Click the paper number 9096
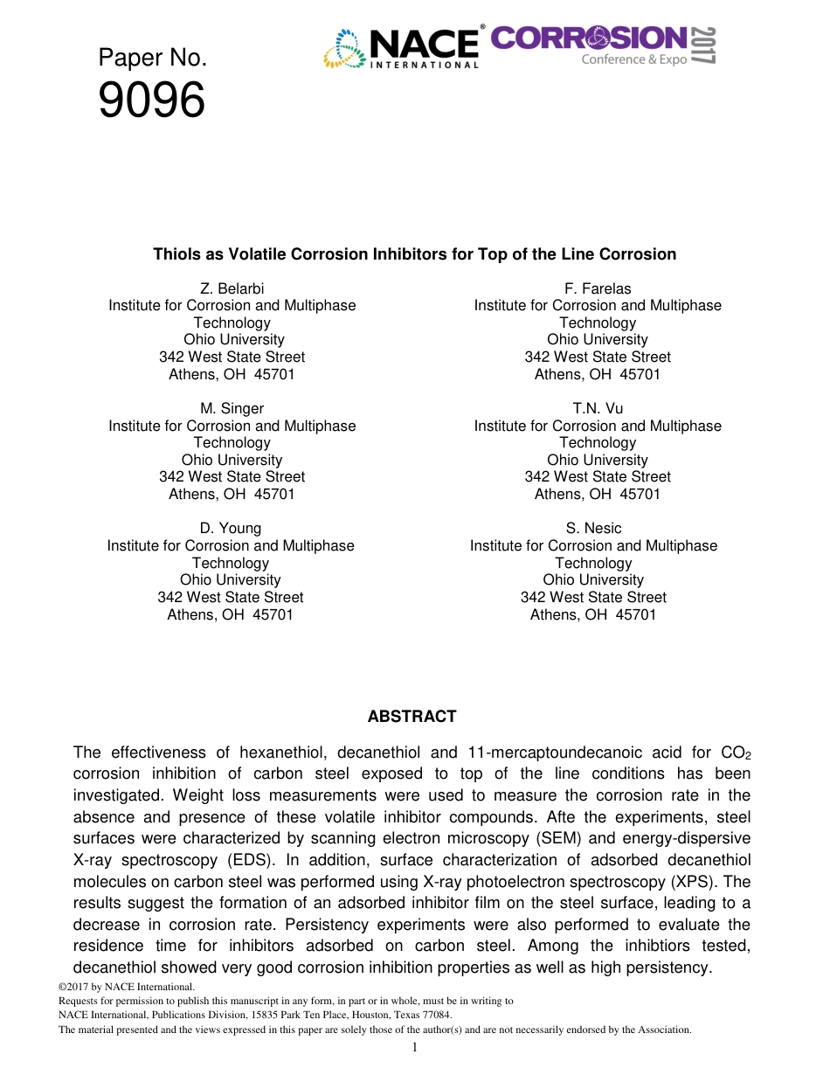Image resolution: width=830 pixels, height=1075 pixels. point(151,101)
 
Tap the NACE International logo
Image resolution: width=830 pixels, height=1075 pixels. point(401,48)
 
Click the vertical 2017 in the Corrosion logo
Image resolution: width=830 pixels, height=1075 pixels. point(704,45)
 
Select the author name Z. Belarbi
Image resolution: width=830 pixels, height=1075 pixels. point(232,288)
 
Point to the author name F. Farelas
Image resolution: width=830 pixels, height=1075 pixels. point(598,288)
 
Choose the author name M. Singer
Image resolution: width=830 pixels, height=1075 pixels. point(232,408)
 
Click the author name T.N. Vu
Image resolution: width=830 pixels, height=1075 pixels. point(598,408)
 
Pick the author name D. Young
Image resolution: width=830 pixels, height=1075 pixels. point(230,528)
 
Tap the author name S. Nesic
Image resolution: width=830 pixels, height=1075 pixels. point(593,528)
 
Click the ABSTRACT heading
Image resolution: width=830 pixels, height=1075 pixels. point(412,717)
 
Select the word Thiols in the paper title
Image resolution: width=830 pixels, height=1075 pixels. point(175,254)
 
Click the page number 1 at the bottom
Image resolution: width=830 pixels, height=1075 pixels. point(415,1047)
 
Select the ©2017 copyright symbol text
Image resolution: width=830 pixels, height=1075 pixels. point(75,988)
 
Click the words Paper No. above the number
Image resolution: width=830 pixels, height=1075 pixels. point(152,59)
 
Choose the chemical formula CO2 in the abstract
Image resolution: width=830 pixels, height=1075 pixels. point(735,753)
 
